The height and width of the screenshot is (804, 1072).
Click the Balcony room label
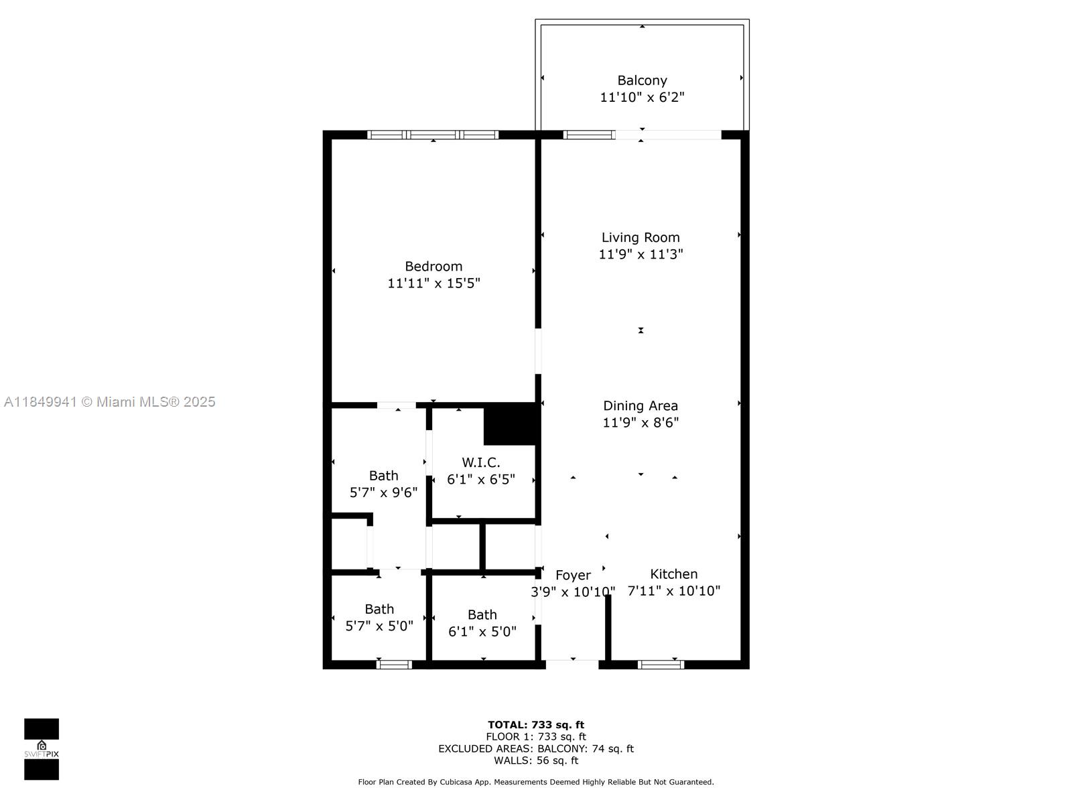click(642, 80)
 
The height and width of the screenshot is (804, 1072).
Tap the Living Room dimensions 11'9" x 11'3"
click(641, 255)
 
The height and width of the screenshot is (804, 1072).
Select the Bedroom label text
click(433, 266)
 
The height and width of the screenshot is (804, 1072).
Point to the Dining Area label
click(641, 405)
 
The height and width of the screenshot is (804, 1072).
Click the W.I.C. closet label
click(480, 462)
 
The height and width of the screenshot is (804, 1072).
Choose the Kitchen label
click(673, 574)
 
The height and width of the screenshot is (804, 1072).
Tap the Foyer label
click(573, 575)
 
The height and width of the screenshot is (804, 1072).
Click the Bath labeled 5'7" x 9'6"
click(383, 476)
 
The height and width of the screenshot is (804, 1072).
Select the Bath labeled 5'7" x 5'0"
click(379, 609)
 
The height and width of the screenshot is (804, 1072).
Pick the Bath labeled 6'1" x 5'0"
click(482, 614)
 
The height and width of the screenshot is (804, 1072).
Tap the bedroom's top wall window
click(433, 135)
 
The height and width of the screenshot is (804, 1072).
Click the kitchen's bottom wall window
click(661, 665)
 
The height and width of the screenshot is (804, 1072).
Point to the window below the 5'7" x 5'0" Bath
click(394, 665)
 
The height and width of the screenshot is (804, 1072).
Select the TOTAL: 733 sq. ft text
click(535, 724)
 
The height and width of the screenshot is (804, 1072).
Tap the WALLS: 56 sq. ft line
click(535, 760)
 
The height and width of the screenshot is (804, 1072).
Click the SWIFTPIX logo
click(42, 749)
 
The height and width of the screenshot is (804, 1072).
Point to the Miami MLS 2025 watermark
click(109, 402)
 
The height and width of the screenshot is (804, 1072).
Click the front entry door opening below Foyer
click(572, 664)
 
